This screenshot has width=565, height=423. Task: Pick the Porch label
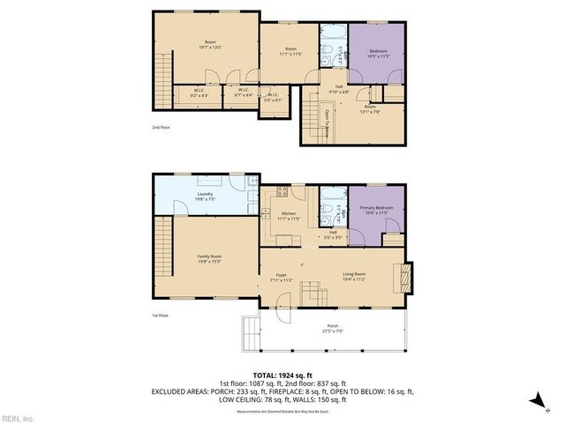pos(331,328)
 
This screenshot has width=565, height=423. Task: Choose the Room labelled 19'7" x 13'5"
pos(210,45)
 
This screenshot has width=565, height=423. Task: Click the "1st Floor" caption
pos(160,315)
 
